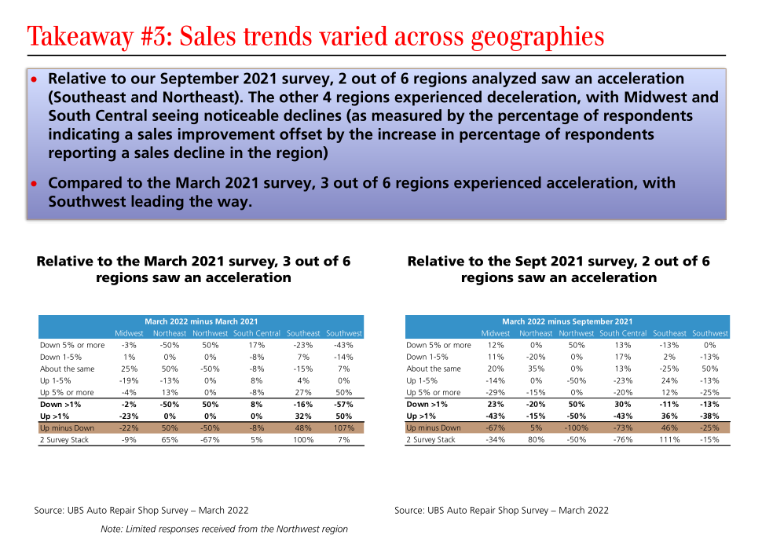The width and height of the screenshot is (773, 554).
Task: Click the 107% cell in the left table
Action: pos(344,428)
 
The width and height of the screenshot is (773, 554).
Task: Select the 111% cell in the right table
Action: pos(669,440)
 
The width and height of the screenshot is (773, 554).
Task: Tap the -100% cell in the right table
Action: pos(576,428)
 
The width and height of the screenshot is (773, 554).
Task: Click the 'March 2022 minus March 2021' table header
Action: pos(201,321)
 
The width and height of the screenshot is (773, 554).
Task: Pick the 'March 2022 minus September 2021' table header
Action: pos(566,321)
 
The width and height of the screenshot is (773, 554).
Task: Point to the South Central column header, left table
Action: pos(256,333)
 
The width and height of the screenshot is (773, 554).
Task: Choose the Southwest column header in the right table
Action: pos(710,333)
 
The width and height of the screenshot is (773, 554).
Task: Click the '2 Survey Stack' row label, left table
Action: pos(64,440)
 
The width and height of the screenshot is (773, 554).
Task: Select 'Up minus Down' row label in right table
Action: pos(433,428)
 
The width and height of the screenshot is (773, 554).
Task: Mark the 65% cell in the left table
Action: pos(170,440)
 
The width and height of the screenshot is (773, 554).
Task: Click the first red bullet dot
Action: pos(34,80)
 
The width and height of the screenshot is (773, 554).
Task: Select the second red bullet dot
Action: pos(34,184)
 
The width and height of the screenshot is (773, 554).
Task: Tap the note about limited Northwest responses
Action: pos(224,529)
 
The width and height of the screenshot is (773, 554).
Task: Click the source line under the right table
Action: pos(501,511)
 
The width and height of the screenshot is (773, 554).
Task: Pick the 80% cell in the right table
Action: pos(536,440)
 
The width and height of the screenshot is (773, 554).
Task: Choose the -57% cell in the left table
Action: pos(344,405)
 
